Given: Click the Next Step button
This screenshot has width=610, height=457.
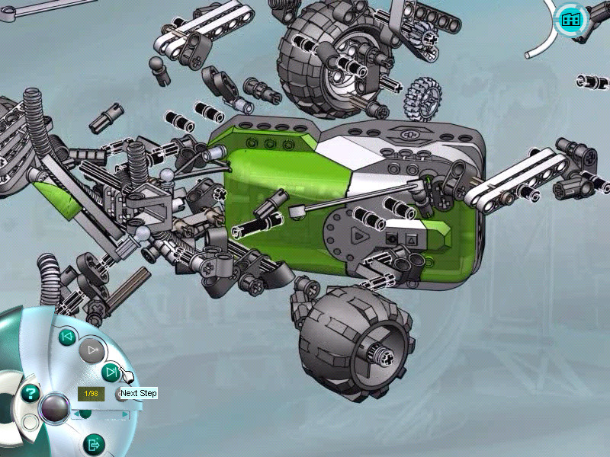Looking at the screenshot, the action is [111, 372].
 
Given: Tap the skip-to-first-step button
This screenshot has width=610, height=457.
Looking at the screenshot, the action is [67, 337].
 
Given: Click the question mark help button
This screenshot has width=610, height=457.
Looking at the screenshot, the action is [30, 393].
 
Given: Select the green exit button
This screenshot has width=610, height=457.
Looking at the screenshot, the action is [94, 444].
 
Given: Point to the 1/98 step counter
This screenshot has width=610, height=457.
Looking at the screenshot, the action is [91, 394].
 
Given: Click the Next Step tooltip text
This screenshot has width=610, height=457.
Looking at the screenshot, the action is [139, 393].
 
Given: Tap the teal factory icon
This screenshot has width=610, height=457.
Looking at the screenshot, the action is [570, 19].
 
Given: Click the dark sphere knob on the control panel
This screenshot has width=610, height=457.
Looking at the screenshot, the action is [55, 408].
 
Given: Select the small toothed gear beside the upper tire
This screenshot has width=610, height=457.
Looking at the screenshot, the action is [423, 98].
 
